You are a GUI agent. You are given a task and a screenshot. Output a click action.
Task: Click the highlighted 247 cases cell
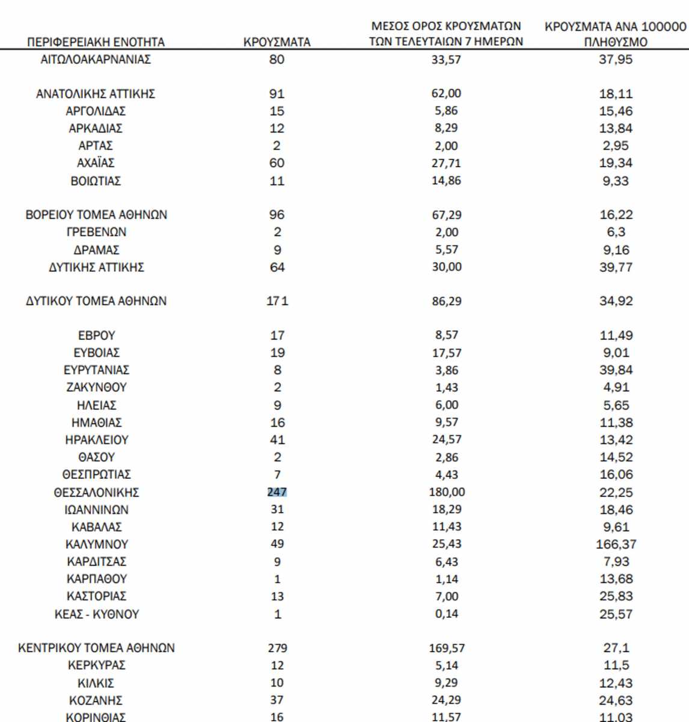[x=277, y=492]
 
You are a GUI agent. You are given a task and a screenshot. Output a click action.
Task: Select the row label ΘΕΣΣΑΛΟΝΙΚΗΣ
[x=96, y=492]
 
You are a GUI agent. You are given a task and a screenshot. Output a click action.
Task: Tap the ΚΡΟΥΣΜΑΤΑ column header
[x=277, y=42]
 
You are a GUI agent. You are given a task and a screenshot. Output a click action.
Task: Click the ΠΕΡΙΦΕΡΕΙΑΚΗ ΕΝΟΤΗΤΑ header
[x=96, y=42]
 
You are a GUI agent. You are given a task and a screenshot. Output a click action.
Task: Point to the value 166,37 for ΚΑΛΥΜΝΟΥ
[x=616, y=545]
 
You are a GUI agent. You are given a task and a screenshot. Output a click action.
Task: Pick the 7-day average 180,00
[x=446, y=492]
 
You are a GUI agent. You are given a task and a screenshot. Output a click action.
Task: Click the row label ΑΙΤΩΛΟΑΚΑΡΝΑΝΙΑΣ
[x=96, y=60]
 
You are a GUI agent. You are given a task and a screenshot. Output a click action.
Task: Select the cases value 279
[x=277, y=649]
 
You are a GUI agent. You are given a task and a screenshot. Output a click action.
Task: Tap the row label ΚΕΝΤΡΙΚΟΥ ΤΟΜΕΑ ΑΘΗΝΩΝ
[x=96, y=649]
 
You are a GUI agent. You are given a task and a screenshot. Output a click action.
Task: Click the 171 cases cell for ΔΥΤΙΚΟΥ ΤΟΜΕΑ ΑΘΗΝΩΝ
[x=277, y=301]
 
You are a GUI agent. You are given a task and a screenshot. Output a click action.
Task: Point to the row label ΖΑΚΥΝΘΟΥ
[x=96, y=387]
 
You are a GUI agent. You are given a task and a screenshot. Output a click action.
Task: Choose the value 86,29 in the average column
[x=446, y=301]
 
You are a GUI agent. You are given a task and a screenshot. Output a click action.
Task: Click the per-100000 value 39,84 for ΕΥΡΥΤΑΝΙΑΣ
[x=616, y=370]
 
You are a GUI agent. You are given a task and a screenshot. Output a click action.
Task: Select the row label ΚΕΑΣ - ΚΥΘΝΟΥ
[x=96, y=614]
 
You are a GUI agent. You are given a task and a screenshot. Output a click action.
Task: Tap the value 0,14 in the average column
[x=446, y=614]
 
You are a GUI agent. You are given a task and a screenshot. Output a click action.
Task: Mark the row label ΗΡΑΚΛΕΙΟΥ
[x=96, y=440]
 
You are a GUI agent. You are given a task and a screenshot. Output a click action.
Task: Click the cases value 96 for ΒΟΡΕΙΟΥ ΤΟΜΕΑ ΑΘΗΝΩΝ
[x=277, y=215]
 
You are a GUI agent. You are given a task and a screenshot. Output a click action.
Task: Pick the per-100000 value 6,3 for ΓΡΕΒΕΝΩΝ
[x=616, y=232]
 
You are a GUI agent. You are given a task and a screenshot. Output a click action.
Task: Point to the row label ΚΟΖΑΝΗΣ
[x=96, y=700]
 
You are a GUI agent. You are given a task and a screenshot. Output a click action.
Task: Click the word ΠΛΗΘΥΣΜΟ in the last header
[x=616, y=43]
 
